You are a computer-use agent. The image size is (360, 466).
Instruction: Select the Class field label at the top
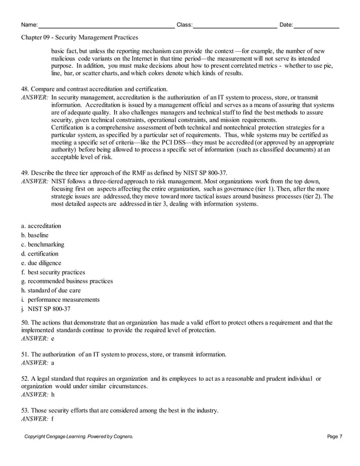(185, 25)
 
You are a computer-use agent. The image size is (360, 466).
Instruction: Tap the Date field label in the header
(286, 25)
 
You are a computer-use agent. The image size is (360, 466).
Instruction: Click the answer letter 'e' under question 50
(52, 338)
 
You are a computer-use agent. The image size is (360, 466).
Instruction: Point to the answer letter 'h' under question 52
(52, 395)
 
